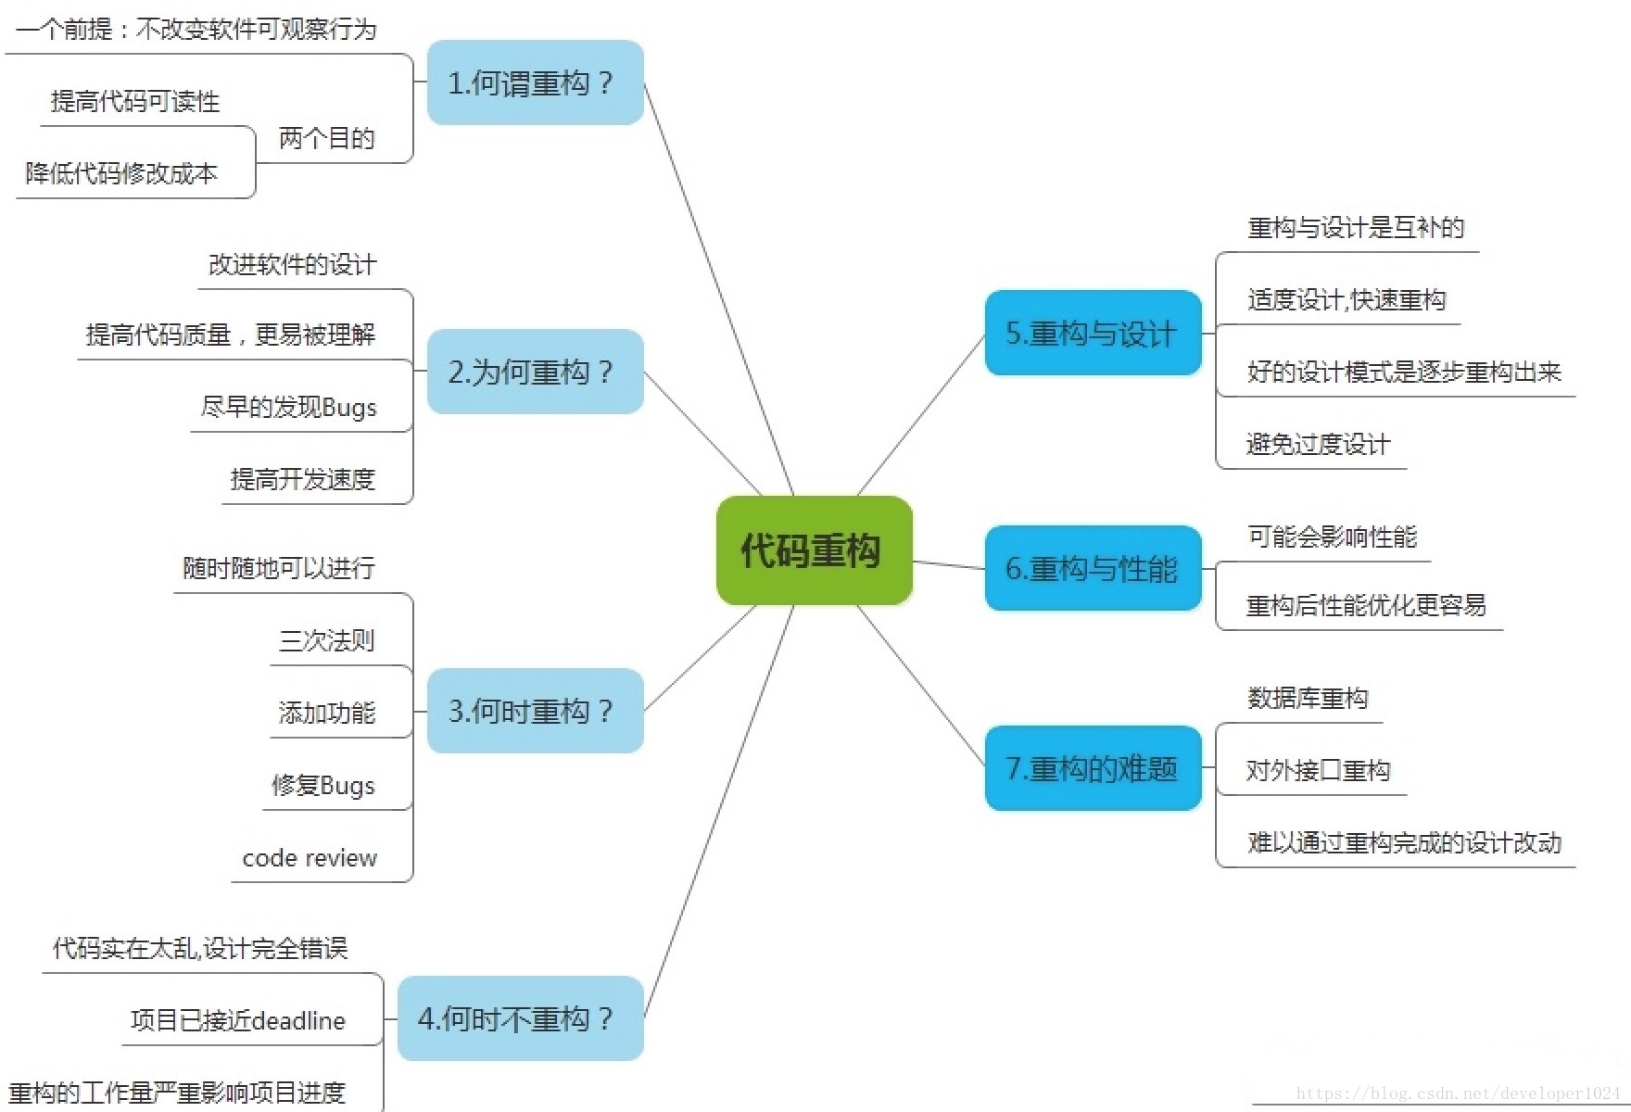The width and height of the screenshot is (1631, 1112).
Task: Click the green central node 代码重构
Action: [x=814, y=550]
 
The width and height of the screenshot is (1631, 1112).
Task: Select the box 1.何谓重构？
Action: [x=535, y=83]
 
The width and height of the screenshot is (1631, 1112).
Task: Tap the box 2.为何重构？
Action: [x=535, y=372]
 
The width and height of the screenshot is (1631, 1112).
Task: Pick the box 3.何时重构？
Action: [x=535, y=711]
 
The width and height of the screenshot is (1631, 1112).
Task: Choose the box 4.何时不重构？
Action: [x=520, y=1018]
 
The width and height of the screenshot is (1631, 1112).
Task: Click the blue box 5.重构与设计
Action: [x=1093, y=334]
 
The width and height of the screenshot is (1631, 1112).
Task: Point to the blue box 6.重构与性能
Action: [x=1093, y=568]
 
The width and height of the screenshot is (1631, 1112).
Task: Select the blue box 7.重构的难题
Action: [x=1093, y=768]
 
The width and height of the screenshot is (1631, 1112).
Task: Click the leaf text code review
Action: [x=310, y=859]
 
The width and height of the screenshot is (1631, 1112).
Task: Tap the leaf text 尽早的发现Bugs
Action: [x=289, y=408]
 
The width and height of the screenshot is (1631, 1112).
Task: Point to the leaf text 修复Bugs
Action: [x=323, y=786]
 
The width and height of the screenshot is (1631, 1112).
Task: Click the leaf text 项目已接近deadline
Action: [x=238, y=1021]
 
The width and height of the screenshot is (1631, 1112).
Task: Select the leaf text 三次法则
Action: [x=327, y=640]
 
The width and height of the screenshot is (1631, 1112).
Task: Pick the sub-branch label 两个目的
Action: [x=327, y=139]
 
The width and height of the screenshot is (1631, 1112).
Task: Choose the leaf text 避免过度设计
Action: [x=1318, y=445]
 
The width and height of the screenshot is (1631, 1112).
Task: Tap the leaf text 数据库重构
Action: [x=1308, y=698]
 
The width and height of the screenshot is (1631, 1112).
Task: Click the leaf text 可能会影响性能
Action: [x=1332, y=537]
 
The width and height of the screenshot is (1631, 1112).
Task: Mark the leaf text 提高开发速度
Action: [x=303, y=479]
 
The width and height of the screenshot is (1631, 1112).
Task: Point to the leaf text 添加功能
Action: [x=327, y=713]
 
